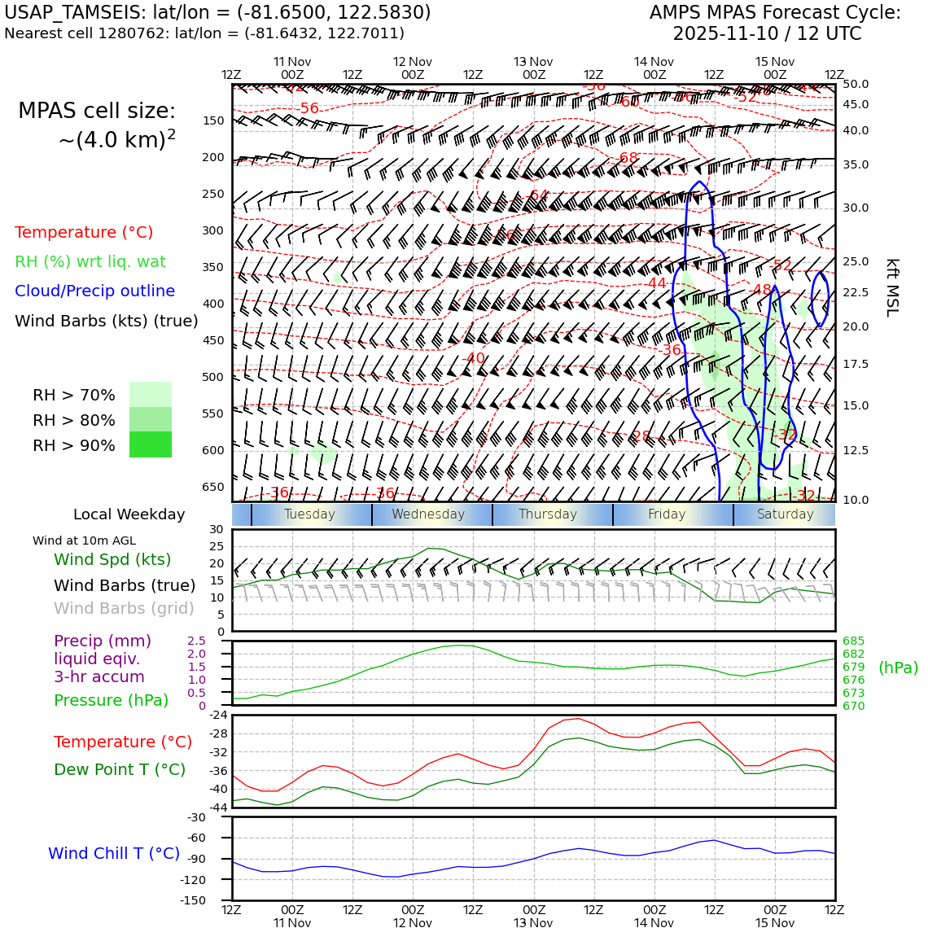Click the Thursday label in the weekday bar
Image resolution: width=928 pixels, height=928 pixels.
(547, 514)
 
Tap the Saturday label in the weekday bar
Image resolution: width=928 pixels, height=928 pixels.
(785, 514)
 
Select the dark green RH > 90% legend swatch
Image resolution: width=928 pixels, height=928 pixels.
(151, 444)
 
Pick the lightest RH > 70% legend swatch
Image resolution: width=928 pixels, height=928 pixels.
(151, 395)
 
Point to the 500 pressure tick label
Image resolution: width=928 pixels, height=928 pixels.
(212, 377)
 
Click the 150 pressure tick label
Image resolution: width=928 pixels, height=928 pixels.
(212, 120)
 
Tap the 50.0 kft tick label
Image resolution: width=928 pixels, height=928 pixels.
(855, 84)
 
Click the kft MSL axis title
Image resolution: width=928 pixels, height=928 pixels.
(892, 287)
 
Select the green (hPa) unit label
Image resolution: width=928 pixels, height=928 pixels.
(898, 668)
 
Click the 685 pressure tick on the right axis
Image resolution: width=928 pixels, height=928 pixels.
(853, 641)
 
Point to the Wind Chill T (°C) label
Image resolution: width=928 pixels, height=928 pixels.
(114, 853)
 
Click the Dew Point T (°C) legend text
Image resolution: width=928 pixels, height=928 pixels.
(120, 769)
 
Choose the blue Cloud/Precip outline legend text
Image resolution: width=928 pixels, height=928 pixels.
(94, 291)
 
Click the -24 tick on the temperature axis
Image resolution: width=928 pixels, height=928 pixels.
(217, 716)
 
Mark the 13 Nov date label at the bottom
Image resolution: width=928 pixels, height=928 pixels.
(533, 923)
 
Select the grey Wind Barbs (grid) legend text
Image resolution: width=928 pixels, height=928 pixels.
(124, 608)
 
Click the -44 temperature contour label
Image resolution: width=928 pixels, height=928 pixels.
(657, 283)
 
